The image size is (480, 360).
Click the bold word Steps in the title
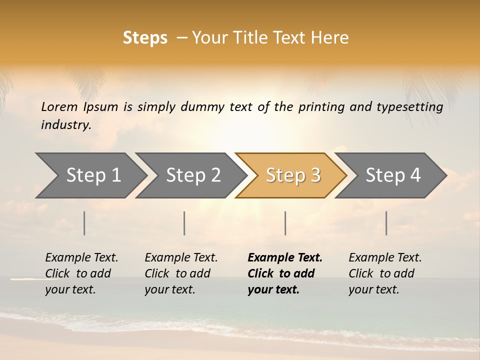tap(145, 37)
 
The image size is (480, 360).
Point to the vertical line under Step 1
tap(84, 223)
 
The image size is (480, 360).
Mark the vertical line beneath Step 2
tap(184, 223)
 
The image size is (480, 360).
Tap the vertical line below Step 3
tap(285, 223)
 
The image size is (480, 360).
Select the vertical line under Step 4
tap(386, 223)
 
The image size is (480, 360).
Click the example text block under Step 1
tap(81, 273)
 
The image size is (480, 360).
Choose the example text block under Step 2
tap(181, 273)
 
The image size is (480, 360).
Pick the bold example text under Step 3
tap(285, 273)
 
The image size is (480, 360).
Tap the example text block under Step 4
tap(385, 273)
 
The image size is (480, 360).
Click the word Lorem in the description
tap(59, 107)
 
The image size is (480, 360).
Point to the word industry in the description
tap(66, 125)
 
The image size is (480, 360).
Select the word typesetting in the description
tap(413, 107)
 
